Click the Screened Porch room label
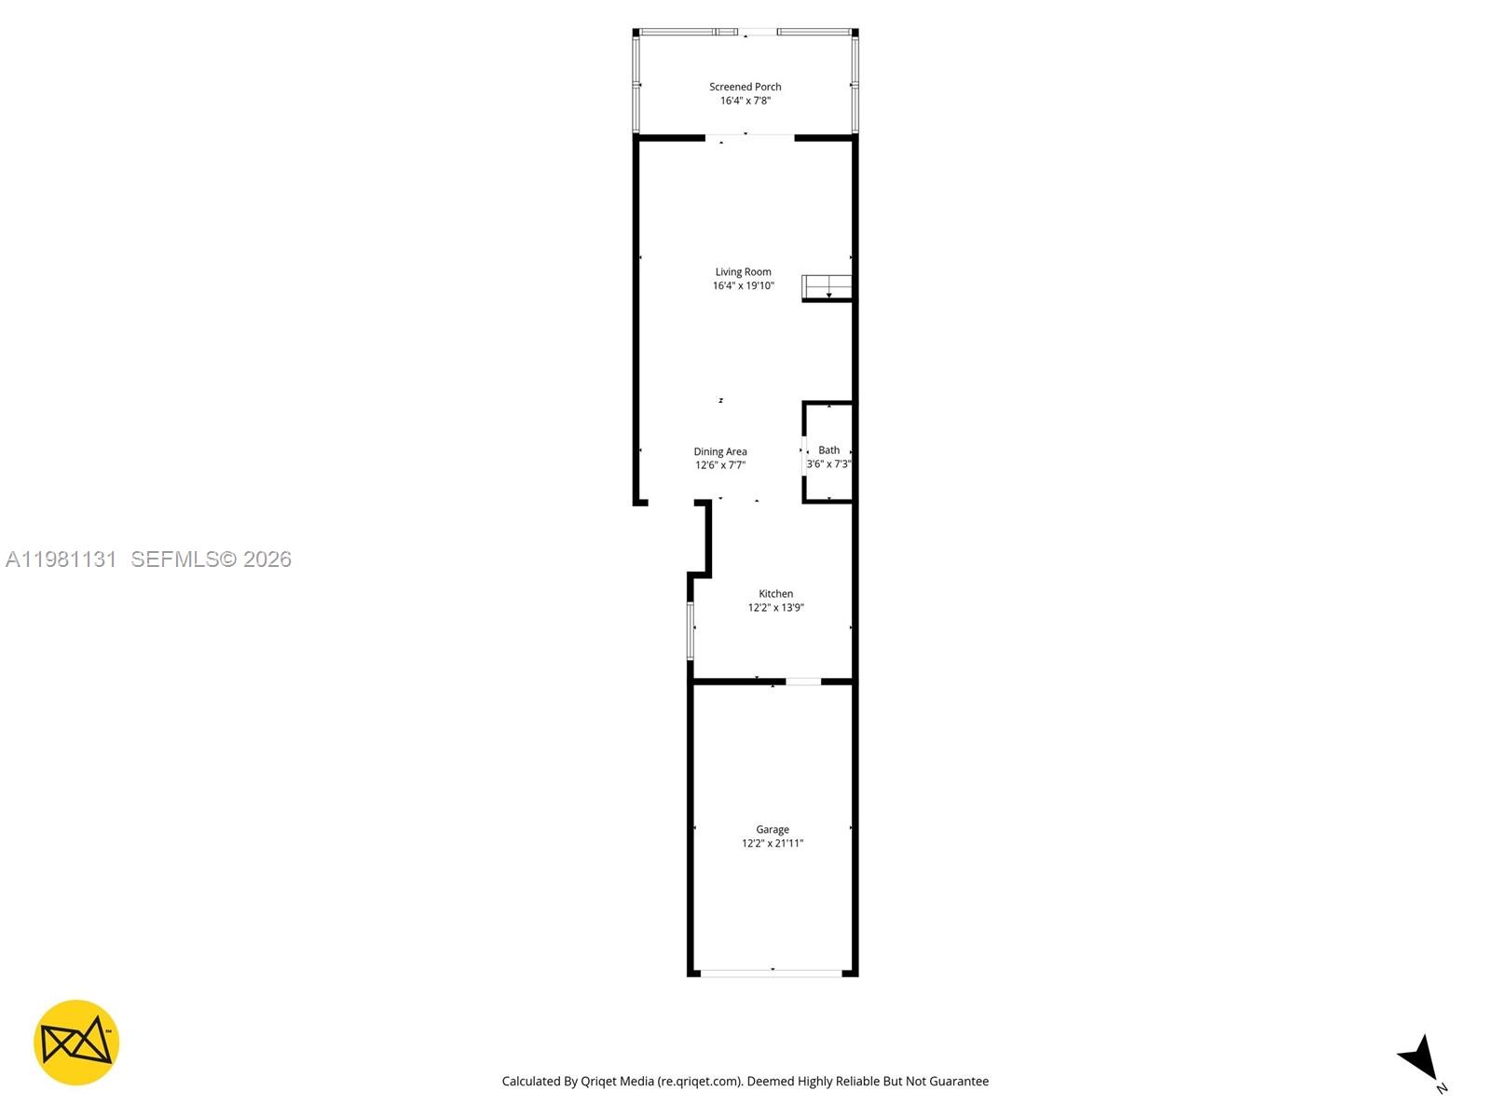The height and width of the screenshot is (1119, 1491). point(745,87)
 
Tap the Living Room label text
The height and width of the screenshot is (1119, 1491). point(743,272)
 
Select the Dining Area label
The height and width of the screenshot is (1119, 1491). point(719,451)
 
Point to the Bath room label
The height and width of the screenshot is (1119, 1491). point(828,449)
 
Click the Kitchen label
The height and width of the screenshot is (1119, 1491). point(775,593)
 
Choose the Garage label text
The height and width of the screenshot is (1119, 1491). point(772,829)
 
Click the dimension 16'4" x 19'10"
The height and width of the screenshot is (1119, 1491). point(743,286)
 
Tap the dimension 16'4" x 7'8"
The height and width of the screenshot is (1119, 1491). point(745,101)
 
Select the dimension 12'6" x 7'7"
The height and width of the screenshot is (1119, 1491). point(719,465)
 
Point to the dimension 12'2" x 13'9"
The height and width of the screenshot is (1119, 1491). point(775,608)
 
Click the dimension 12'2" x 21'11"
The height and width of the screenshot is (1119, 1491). point(772,844)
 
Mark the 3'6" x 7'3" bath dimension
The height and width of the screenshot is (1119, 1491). point(828,463)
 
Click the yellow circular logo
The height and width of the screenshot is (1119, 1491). point(76,1043)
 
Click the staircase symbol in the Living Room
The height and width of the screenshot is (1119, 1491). point(828,287)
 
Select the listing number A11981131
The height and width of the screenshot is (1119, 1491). point(61,559)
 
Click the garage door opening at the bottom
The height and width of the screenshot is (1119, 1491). point(772,973)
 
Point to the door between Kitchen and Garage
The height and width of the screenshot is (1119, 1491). point(803,682)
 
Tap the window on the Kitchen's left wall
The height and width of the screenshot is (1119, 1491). point(691,630)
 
